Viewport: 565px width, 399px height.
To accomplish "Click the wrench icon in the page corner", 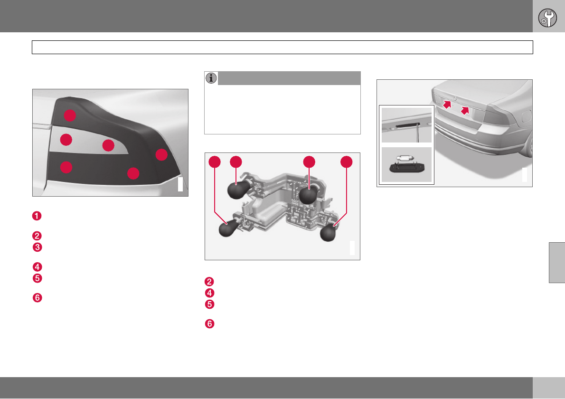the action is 547,18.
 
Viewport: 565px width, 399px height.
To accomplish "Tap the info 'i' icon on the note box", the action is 211,78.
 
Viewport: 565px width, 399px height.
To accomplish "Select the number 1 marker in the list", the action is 37,216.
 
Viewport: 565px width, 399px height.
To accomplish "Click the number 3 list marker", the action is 37,247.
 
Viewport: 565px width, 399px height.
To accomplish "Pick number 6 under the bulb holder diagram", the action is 209,323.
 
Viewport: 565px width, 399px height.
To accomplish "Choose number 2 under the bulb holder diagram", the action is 209,282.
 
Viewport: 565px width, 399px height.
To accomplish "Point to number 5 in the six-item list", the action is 37,278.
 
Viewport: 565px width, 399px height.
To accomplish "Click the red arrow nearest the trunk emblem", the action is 447,104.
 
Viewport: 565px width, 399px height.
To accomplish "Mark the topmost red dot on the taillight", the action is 70,115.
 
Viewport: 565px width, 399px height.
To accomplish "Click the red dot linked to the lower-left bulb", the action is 215,162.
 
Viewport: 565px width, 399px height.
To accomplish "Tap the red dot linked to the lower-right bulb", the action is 347,162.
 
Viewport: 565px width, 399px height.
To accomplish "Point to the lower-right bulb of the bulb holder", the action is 329,232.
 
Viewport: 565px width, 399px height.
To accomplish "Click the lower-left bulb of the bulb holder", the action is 228,228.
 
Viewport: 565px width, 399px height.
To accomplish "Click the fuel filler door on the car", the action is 527,116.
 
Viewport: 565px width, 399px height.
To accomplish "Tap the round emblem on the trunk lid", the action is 455,98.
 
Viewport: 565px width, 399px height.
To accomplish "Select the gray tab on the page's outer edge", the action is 557,263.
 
